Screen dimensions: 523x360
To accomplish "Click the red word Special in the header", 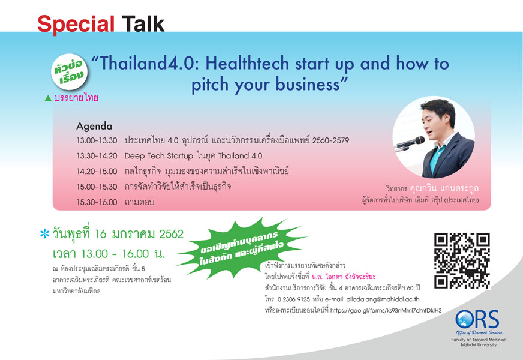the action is pos(76,25).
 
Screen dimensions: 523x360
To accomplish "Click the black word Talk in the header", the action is pos(143,24).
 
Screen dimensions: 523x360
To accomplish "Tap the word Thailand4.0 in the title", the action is pos(147,63).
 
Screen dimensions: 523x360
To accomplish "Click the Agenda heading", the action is pos(94,126).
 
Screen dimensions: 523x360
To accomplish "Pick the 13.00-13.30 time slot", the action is pos(97,140).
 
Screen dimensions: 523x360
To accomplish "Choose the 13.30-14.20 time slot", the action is pos(97,156).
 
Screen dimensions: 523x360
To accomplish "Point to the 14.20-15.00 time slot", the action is pos(97,171).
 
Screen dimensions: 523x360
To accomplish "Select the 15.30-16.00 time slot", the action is pos(97,202).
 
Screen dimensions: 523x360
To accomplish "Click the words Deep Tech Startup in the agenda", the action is pos(158,156).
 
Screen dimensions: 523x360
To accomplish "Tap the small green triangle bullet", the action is pos(48,98).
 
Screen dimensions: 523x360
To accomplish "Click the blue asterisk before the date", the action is pos(44,233).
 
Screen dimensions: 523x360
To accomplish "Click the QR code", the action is pos(462,260).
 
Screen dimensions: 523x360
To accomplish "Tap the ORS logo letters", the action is pos(477,319).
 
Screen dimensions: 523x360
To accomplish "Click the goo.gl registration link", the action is pos(386,310).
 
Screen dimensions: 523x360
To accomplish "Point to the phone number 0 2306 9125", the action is pos(293,299).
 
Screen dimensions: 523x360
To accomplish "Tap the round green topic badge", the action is pos(70,72).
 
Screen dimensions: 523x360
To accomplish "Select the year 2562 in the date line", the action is pos(171,234).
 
